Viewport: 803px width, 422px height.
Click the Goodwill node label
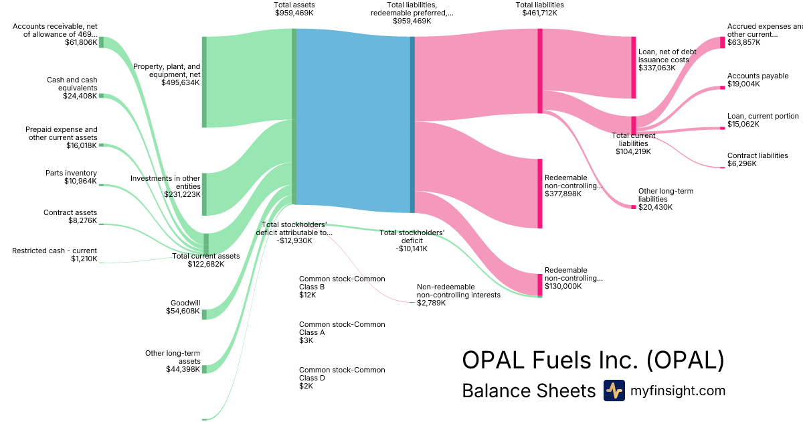[x=185, y=303]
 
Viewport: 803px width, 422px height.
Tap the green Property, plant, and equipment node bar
[x=204, y=82]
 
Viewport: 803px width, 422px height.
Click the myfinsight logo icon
[x=614, y=391]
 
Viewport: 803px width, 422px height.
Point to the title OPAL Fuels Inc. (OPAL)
[x=593, y=360]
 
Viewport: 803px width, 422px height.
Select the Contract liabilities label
[x=757, y=155]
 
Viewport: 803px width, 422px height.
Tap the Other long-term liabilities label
[x=666, y=195]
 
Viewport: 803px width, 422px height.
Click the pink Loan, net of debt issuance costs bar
[x=633, y=67]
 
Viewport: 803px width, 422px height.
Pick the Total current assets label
[x=205, y=256]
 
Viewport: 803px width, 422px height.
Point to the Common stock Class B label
[x=342, y=282]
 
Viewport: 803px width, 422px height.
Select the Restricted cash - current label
[x=55, y=251]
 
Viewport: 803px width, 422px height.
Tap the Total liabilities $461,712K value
[x=539, y=13]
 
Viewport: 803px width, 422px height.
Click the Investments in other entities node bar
[x=204, y=194]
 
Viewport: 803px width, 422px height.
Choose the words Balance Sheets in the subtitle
[x=529, y=391]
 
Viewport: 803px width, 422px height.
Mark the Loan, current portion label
[x=763, y=116]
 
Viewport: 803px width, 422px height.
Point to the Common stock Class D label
[x=342, y=373]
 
